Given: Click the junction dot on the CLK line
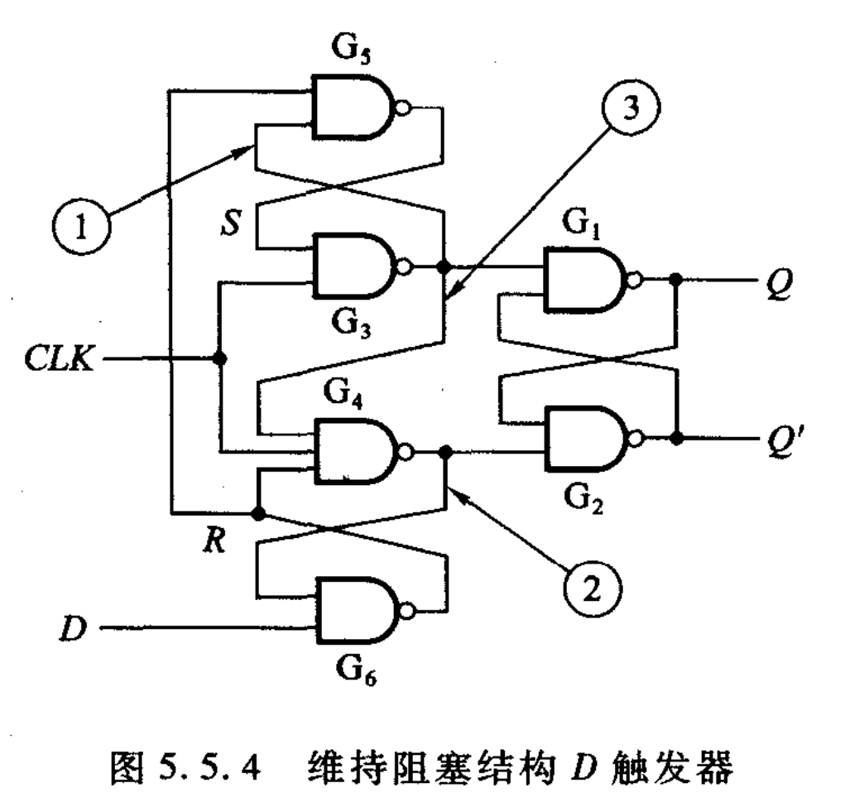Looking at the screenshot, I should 219,359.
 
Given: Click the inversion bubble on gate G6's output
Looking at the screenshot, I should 406,610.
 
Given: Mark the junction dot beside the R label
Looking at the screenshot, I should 257,513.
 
